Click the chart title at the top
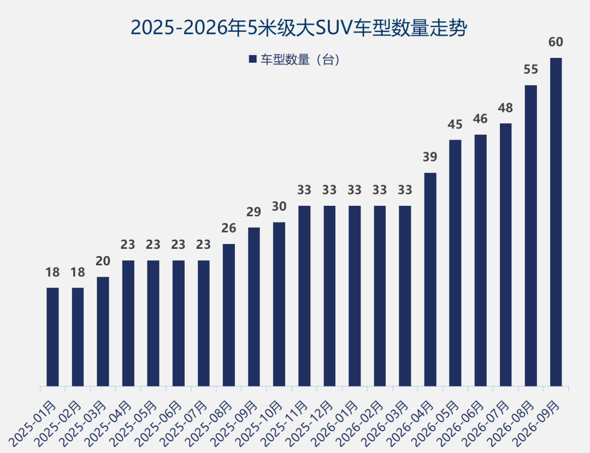pos(299,28)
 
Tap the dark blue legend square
pos(252,59)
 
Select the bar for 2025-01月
pos(52,337)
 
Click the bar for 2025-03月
pos(103,332)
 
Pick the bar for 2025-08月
pos(229,315)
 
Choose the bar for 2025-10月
pos(279,304)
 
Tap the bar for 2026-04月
pos(430,279)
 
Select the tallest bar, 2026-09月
pos(556,222)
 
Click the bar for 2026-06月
pos(481,260)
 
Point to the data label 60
pos(556,42)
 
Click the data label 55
pos(531,69)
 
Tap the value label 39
pos(430,157)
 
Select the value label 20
pos(103,261)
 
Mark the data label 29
pos(253,212)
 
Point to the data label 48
pos(505,108)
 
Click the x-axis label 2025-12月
pos(310,424)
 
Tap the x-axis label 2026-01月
pos(335,424)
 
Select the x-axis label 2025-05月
pos(134,424)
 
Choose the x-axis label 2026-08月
pos(511,424)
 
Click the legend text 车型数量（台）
pos(300,59)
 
